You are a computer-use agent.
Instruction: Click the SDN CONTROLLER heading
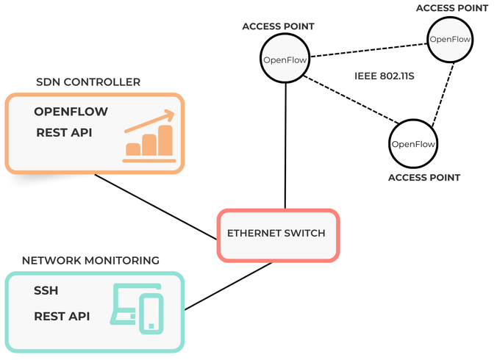(x=87, y=82)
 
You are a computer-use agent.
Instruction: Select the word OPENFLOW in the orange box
(x=71, y=112)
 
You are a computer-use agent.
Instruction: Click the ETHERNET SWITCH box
(x=279, y=234)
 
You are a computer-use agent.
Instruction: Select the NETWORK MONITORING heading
(x=90, y=260)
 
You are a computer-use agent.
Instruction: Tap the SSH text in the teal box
(x=46, y=291)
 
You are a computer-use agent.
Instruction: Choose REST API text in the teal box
(x=62, y=316)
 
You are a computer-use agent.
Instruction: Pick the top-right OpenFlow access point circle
(x=451, y=40)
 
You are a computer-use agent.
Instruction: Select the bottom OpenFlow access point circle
(x=412, y=144)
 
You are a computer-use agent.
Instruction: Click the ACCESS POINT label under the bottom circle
(x=424, y=178)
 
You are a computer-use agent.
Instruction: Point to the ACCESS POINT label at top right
(x=452, y=7)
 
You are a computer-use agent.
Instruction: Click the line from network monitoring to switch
(x=228, y=287)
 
